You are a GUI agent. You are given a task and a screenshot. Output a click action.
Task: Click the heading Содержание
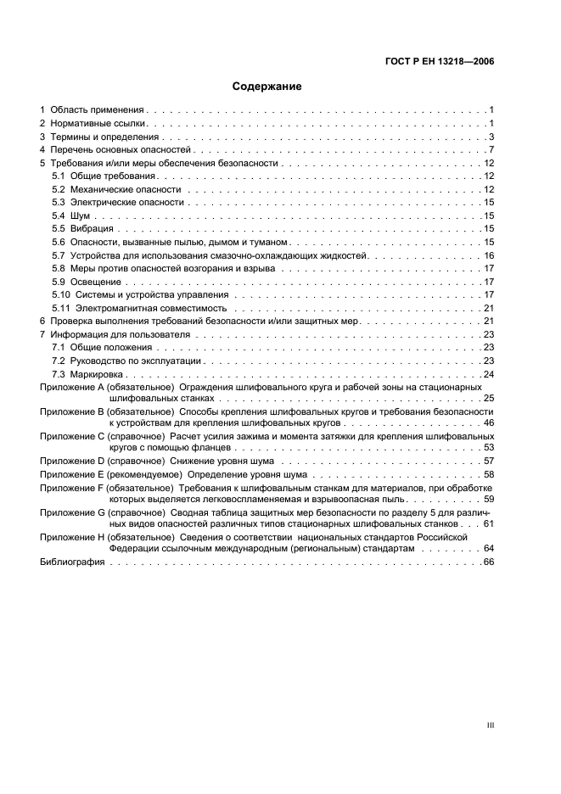coord(267,86)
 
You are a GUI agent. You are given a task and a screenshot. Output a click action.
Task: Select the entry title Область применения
coord(98,110)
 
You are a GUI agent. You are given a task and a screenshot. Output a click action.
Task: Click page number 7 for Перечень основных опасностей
coord(491,150)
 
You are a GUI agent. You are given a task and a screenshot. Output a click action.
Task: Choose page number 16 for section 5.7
coord(489,255)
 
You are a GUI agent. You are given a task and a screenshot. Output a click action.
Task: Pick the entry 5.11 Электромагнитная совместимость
coord(139,308)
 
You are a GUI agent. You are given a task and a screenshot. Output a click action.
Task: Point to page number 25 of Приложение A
coord(489,398)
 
